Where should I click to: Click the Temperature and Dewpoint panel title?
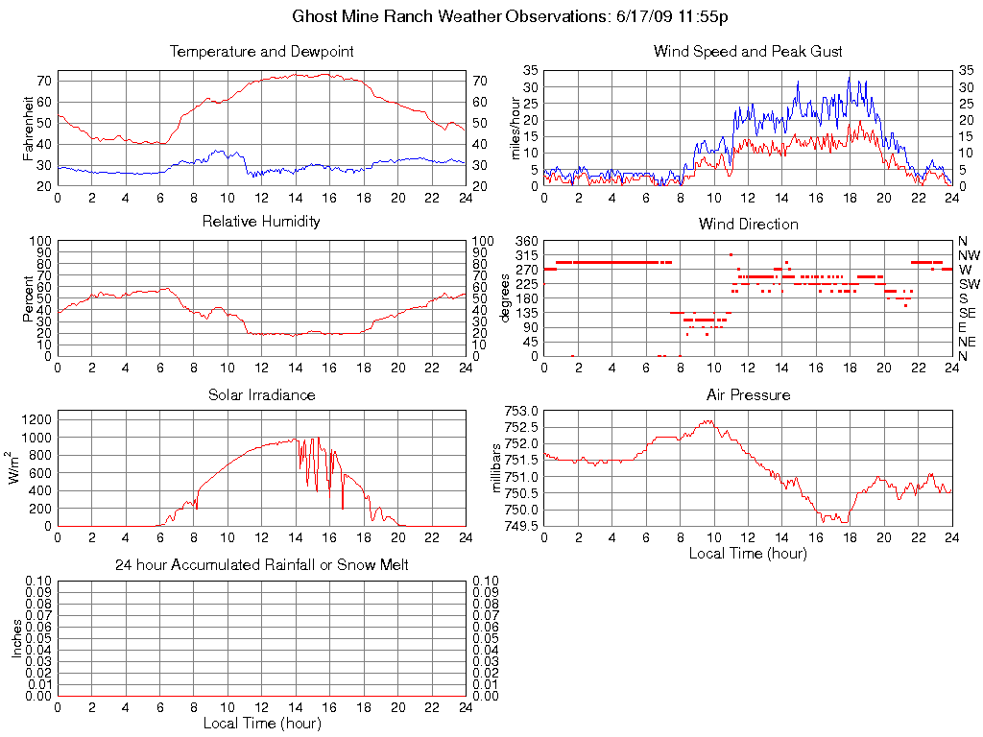pyautogui.click(x=261, y=52)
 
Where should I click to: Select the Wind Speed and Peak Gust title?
pyautogui.click(x=748, y=52)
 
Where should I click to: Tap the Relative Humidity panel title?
pyautogui.click(x=261, y=223)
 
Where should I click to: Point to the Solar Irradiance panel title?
pyautogui.click(x=261, y=395)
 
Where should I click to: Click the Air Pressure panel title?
pyautogui.click(x=748, y=395)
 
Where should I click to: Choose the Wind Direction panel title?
pyautogui.click(x=748, y=225)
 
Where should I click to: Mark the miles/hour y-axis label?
pyautogui.click(x=516, y=129)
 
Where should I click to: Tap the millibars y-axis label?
pyautogui.click(x=498, y=468)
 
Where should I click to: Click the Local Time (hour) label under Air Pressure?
pyautogui.click(x=748, y=554)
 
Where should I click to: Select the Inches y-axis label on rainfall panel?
pyautogui.click(x=16, y=638)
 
